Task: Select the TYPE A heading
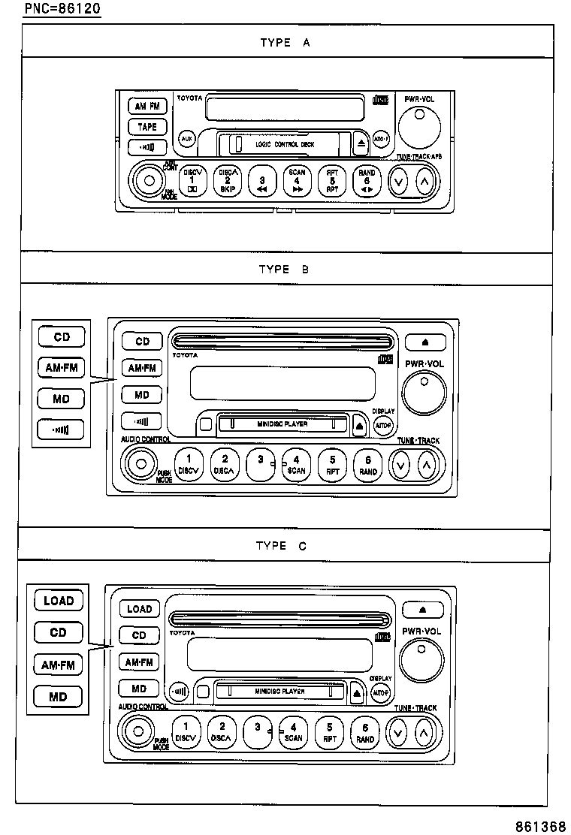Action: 285,43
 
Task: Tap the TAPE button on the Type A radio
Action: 147,127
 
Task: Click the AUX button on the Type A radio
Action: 186,140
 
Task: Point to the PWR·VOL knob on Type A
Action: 418,125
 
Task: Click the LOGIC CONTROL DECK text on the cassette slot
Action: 285,143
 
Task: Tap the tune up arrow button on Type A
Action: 424,181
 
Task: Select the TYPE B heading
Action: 283,269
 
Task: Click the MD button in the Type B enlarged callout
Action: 61,399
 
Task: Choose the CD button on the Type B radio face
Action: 142,342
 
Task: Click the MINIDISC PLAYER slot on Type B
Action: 282,424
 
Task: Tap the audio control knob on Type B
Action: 139,463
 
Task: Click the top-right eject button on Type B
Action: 424,342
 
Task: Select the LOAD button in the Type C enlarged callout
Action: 58,601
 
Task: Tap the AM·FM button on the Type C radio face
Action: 139,662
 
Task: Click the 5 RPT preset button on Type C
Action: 329,731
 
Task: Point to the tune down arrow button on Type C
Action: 397,731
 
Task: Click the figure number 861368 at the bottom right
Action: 540,826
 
